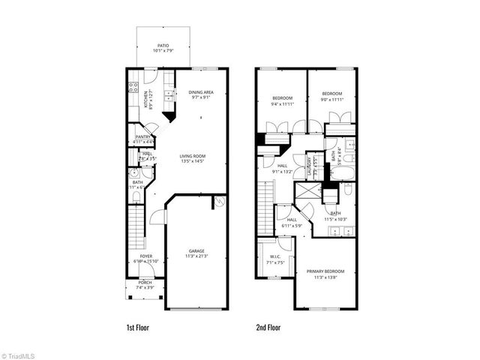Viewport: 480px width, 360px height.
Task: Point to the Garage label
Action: [196, 250]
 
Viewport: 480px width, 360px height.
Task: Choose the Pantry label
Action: [143, 136]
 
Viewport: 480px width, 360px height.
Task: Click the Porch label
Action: [143, 283]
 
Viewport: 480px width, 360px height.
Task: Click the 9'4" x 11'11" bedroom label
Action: [283, 98]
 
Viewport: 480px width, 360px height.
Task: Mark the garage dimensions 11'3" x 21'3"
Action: [196, 256]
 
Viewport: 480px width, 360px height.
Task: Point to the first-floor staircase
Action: [135, 224]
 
